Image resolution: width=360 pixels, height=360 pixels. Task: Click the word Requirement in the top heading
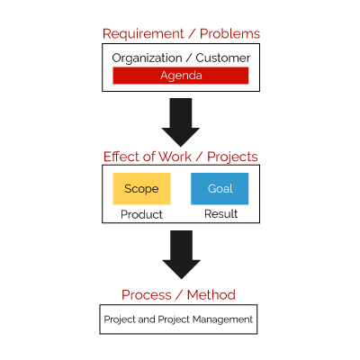pos(143,34)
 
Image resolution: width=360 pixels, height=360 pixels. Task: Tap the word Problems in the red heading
pos(229,33)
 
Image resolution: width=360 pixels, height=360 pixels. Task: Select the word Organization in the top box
pos(147,58)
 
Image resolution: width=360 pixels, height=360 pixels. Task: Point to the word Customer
pos(223,58)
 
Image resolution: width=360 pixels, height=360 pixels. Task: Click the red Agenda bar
pos(181,76)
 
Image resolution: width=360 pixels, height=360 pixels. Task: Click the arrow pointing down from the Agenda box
pos(181,122)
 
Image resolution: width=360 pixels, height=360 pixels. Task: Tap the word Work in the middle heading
pos(175,157)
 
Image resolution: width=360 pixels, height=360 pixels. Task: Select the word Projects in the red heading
pos(232,157)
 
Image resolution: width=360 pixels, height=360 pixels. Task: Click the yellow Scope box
pos(141,189)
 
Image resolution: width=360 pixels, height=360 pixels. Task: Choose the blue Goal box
pos(220,189)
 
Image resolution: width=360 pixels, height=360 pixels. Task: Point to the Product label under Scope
pos(141,214)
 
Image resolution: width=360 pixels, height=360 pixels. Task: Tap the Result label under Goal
pos(221,214)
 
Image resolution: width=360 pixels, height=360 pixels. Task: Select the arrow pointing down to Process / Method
pos(181,255)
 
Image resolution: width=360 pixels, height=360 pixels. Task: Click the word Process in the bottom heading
pos(147,295)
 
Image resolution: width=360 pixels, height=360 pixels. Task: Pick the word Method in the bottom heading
pos(211,295)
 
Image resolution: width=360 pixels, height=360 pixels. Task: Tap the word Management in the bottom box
pos(222,319)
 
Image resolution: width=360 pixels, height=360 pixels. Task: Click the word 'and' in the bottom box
pos(147,319)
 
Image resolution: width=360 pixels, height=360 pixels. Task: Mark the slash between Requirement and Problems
pos(192,34)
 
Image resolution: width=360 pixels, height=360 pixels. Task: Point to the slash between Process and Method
pos(179,295)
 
